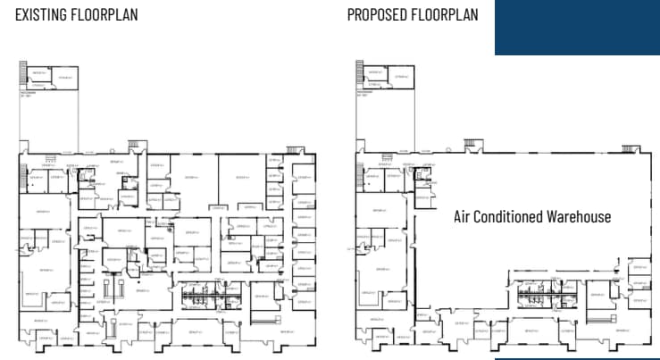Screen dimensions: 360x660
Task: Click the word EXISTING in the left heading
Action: pos(40,15)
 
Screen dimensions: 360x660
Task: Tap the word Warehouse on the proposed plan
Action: pos(581,217)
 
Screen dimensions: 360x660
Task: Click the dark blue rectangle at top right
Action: pos(577,27)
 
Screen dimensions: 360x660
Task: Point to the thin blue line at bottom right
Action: pos(577,358)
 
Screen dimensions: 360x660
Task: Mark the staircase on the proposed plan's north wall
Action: pos(471,144)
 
